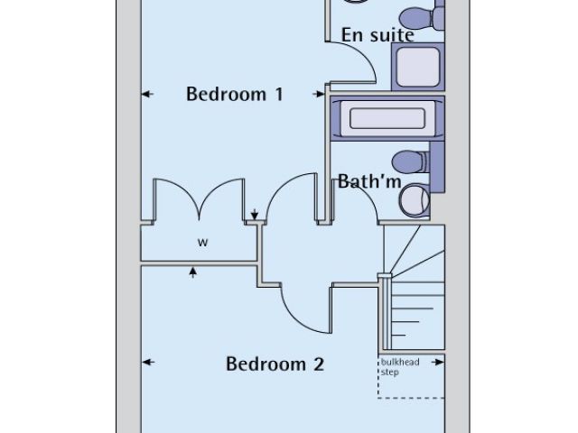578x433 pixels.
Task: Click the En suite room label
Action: coord(378,35)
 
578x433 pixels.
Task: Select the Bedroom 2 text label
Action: coord(275,364)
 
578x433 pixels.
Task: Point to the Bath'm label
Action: coord(368,181)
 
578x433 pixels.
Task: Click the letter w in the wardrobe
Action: coord(202,242)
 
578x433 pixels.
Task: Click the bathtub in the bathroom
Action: coord(387,119)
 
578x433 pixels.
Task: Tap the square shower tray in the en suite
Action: coord(416,67)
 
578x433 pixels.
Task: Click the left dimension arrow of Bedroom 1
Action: coord(147,93)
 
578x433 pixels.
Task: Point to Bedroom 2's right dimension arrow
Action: coord(439,363)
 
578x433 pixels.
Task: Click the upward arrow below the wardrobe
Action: coord(192,271)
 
